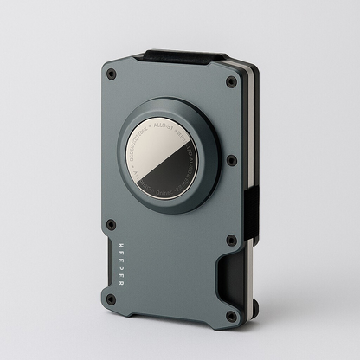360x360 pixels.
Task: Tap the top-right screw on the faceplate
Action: tap(231, 82)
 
